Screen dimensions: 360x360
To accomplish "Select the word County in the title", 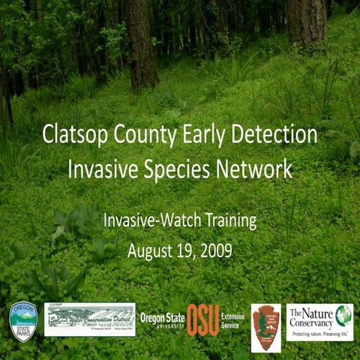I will coord(150,136).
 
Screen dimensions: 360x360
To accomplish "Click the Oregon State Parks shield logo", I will coord(22,320).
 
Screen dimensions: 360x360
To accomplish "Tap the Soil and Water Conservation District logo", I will coord(89,319).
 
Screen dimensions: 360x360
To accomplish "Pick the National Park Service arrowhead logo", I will coord(265,327).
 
